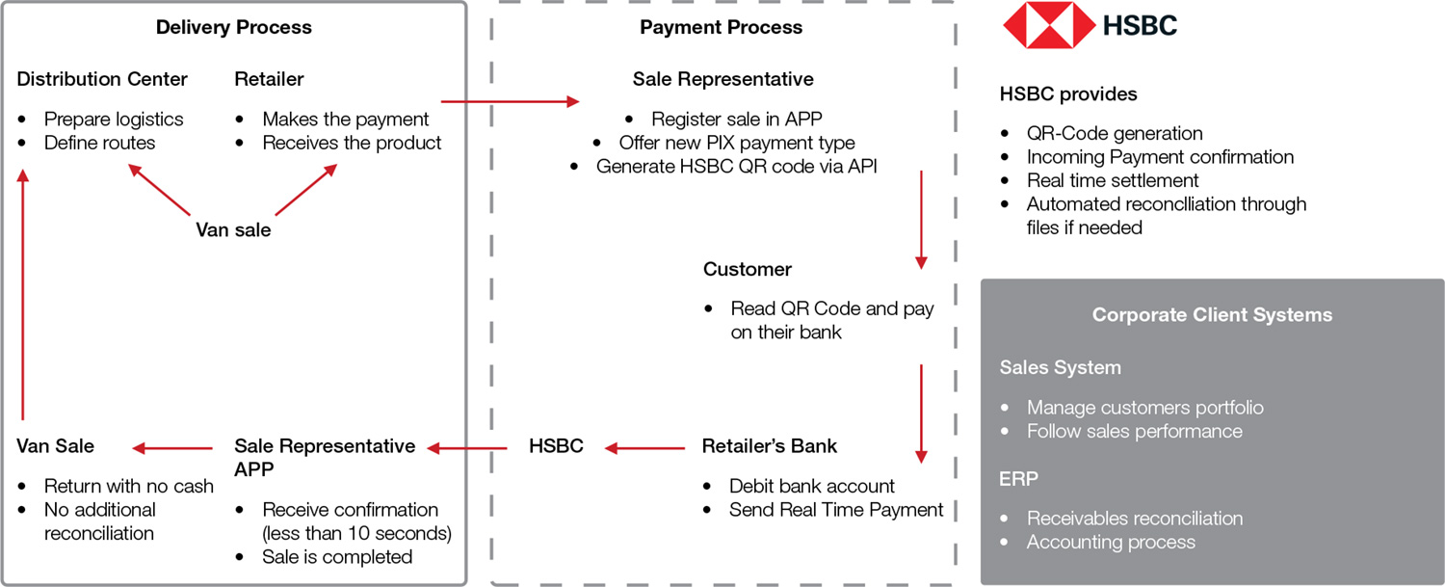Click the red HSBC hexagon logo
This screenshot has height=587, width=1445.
pyautogui.click(x=1049, y=25)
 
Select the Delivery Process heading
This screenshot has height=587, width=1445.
pyautogui.click(x=234, y=27)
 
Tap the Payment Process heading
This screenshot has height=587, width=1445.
pyautogui.click(x=721, y=27)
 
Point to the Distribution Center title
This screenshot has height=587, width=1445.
pyautogui.click(x=102, y=79)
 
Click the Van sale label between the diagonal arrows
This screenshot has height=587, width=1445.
pyautogui.click(x=233, y=229)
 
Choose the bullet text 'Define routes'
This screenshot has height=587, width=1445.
pyautogui.click(x=99, y=143)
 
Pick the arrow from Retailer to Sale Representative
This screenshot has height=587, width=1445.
pyautogui.click(x=510, y=100)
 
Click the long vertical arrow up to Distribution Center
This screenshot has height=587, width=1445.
pyautogui.click(x=25, y=299)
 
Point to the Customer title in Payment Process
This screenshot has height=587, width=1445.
pyautogui.click(x=748, y=269)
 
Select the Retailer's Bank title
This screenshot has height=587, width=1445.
pyautogui.click(x=769, y=446)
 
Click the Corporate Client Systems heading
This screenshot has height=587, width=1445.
pyautogui.click(x=1212, y=315)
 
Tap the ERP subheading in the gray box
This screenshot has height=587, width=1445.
pyautogui.click(x=1019, y=479)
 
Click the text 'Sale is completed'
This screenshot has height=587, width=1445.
pyautogui.click(x=337, y=557)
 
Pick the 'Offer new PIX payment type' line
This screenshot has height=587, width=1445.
pyautogui.click(x=737, y=143)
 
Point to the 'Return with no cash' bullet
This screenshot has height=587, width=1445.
pyautogui.click(x=128, y=486)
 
